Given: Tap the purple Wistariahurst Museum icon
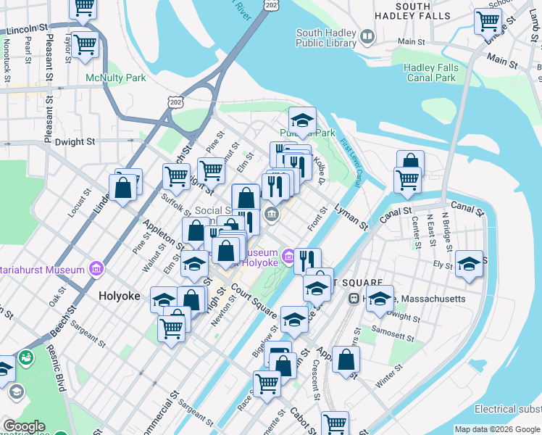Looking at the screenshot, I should tap(95, 270).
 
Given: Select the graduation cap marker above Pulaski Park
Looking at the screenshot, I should tap(302, 120).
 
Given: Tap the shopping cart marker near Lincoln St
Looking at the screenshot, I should tap(86, 45).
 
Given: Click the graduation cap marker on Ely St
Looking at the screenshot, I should tap(469, 265).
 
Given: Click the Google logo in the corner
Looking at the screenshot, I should tap(23, 426).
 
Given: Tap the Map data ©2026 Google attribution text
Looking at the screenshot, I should tap(497, 429).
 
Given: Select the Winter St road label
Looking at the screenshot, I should tap(388, 376).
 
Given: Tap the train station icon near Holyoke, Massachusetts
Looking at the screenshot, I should tap(354, 299).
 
